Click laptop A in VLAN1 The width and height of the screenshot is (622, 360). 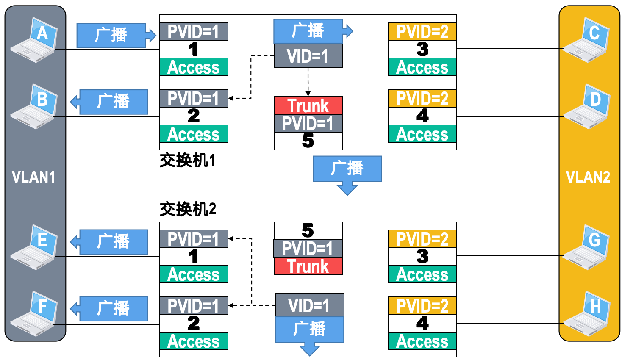(35, 40)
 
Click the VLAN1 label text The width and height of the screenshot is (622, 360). (33, 177)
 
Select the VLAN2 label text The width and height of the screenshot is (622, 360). (588, 177)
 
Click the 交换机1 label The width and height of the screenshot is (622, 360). (188, 161)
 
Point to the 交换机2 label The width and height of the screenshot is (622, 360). (188, 209)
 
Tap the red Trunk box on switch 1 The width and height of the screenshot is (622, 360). (308, 105)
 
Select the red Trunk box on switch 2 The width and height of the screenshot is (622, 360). (308, 266)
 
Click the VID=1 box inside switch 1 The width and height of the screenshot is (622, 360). (308, 56)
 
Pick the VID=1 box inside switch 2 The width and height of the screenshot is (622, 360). (309, 305)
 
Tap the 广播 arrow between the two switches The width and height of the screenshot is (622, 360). (347, 171)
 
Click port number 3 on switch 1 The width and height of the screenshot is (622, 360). (422, 49)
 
